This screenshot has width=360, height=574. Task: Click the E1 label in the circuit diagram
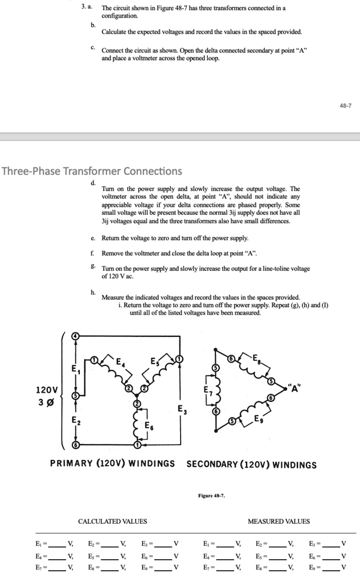pyautogui.click(x=73, y=370)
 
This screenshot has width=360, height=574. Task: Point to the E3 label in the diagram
pyautogui.click(x=181, y=409)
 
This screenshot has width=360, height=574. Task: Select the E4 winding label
pyautogui.click(x=121, y=361)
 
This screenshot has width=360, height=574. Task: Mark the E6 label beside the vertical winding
pyautogui.click(x=148, y=426)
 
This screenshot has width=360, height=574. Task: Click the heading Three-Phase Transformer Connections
pyautogui.click(x=92, y=171)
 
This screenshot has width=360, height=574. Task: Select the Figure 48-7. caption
pyautogui.click(x=211, y=496)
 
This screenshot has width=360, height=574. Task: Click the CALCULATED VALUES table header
pyautogui.click(x=112, y=521)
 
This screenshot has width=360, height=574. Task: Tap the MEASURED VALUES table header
pyautogui.click(x=279, y=521)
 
